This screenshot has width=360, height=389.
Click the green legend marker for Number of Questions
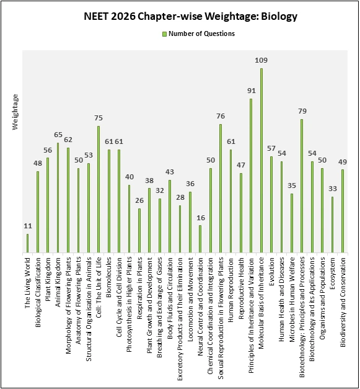(164, 34)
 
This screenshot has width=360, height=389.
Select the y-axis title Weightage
(16, 112)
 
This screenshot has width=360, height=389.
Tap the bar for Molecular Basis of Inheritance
(261, 161)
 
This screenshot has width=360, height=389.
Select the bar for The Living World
(27, 243)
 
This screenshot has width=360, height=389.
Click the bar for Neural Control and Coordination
(200, 239)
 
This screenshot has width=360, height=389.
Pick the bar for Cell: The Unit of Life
(99, 189)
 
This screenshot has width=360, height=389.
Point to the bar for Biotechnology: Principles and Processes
(302, 186)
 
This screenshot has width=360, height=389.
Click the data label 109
(261, 60)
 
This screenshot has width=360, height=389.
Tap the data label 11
(27, 226)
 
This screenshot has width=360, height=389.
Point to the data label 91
(251, 91)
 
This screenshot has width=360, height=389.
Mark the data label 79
(302, 111)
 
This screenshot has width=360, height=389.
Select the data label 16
(200, 218)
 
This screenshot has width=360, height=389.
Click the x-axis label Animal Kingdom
(58, 277)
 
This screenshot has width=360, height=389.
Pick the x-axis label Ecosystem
(333, 273)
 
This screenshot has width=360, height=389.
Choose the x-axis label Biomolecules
(109, 276)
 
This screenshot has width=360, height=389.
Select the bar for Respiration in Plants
(139, 231)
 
